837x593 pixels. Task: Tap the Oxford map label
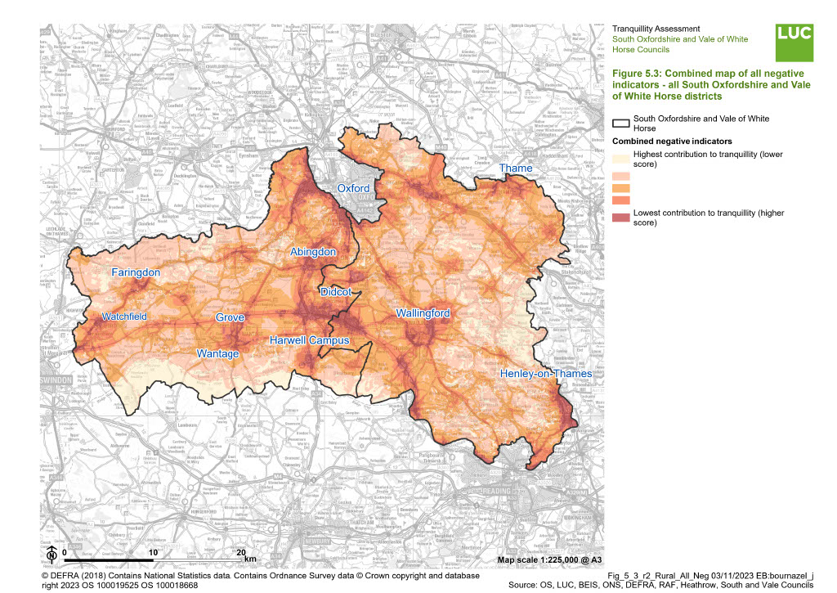354,188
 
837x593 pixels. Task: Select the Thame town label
516,168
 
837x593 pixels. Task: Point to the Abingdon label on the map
313,253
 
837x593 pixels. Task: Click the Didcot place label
336,291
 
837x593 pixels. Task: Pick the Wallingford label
423,313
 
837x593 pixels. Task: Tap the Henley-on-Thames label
546,374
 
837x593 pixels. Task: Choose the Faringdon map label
136,272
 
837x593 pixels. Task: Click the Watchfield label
125,317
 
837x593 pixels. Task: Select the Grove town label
230,317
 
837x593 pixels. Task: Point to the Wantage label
218,353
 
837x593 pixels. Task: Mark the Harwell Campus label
310,340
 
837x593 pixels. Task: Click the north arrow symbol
51,554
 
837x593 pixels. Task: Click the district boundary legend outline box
620,124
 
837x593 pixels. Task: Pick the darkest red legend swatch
620,217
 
